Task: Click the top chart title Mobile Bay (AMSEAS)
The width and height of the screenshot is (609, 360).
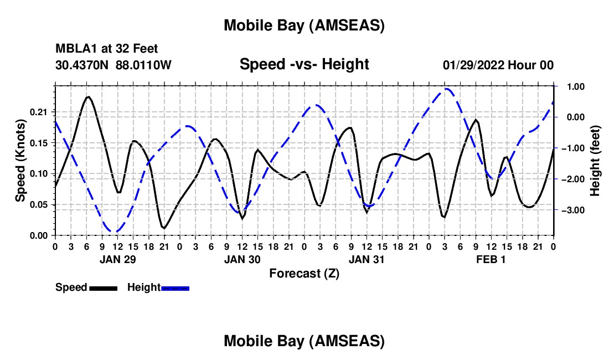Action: pyautogui.click(x=304, y=25)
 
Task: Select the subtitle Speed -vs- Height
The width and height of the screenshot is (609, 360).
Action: pyautogui.click(x=304, y=64)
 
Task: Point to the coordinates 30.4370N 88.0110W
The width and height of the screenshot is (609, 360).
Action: pyautogui.click(x=113, y=65)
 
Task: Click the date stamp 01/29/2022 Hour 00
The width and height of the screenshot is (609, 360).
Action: pyautogui.click(x=498, y=65)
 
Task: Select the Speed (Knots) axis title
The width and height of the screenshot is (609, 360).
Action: pyautogui.click(x=20, y=161)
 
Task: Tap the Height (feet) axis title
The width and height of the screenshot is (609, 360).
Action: pyautogui.click(x=595, y=161)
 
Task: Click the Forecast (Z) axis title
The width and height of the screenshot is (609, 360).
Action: pyautogui.click(x=304, y=273)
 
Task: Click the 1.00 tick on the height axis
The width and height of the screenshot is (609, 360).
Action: pyautogui.click(x=570, y=86)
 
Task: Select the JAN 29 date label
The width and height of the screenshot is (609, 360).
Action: pyautogui.click(x=117, y=259)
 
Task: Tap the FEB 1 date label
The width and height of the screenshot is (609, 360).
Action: pyautogui.click(x=491, y=259)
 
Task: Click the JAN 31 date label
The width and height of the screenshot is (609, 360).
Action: pyautogui.click(x=367, y=259)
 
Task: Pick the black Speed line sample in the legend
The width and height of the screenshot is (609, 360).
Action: pyautogui.click(x=103, y=288)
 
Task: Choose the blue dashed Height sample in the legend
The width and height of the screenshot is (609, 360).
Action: pyautogui.click(x=176, y=288)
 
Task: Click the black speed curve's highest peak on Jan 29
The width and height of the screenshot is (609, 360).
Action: pyautogui.click(x=87, y=97)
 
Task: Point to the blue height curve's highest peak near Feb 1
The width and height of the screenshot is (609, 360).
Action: pyautogui.click(x=446, y=89)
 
